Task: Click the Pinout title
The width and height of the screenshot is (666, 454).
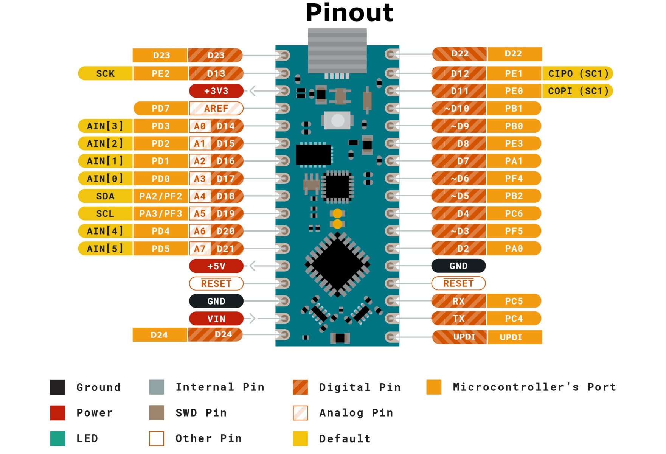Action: pyautogui.click(x=349, y=13)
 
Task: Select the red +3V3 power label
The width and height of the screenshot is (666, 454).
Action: pyautogui.click(x=216, y=91)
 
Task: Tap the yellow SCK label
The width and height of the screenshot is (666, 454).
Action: pyautogui.click(x=105, y=73)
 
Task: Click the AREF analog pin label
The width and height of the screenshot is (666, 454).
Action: pyautogui.click(x=216, y=109)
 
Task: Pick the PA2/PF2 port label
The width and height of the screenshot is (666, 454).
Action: pyautogui.click(x=160, y=196)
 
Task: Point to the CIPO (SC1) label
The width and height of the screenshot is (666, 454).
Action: pyautogui.click(x=578, y=73)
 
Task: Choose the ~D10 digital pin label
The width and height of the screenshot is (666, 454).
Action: pyautogui.click(x=458, y=109)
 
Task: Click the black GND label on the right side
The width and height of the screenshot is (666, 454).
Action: pyautogui.click(x=458, y=266)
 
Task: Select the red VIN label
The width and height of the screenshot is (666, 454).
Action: pyautogui.click(x=216, y=319)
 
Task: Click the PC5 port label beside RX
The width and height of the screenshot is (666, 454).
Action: pyautogui.click(x=514, y=301)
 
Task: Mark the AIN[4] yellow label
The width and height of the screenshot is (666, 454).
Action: pyautogui.click(x=105, y=231)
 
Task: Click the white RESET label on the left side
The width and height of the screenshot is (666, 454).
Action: pyautogui.click(x=216, y=283)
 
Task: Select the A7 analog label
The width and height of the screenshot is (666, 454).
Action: pyautogui.click(x=200, y=249)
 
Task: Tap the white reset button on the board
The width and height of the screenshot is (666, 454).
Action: pyautogui.click(x=337, y=121)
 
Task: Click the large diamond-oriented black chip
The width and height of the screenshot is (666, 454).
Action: pyautogui.click(x=337, y=264)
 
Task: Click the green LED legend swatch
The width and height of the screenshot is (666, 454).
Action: pyautogui.click(x=57, y=438)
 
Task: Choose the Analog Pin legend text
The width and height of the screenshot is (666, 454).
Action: pyautogui.click(x=356, y=413)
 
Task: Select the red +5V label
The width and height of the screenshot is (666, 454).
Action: pyautogui.click(x=216, y=266)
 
